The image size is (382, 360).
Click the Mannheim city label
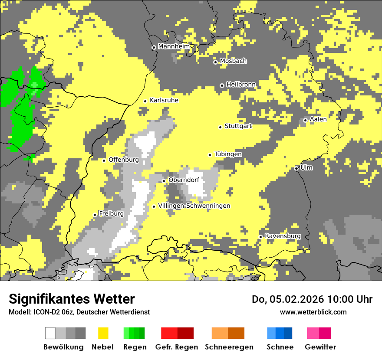point(174,46)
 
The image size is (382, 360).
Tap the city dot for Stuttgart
point(220,127)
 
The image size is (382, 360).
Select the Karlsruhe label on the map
point(164,100)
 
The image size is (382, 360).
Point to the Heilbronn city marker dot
point(222,85)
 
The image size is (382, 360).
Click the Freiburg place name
point(111,214)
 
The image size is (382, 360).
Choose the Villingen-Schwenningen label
point(194,206)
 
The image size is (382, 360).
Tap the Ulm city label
point(306,167)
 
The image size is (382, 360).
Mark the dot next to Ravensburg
point(260,236)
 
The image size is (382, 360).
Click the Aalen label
point(318,119)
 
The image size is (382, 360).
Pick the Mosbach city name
point(233,61)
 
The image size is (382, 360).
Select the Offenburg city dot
point(104,160)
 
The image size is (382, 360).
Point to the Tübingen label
point(228,154)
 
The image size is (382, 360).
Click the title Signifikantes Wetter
point(72,299)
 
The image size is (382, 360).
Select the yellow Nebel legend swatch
point(103,333)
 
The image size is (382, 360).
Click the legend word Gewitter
point(320,347)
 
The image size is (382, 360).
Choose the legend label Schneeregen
point(229,347)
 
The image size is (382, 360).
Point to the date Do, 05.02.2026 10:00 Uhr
point(312,299)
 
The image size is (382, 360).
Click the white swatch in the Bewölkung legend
point(50,333)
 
